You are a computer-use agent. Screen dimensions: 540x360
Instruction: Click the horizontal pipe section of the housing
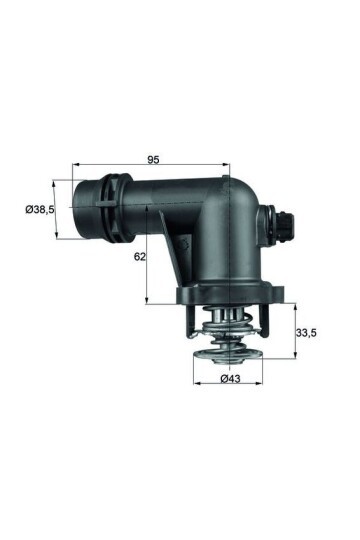(165, 205)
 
